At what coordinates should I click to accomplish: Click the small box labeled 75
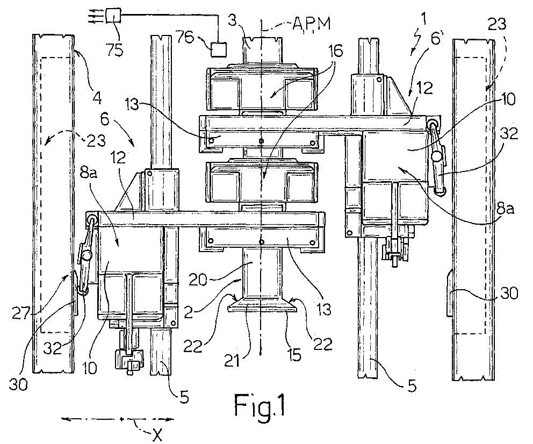point(113,15)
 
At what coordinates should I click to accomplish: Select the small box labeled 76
point(218,49)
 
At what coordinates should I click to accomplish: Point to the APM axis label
point(312,23)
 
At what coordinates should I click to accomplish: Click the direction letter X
point(157,434)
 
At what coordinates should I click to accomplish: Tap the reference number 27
point(21,313)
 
